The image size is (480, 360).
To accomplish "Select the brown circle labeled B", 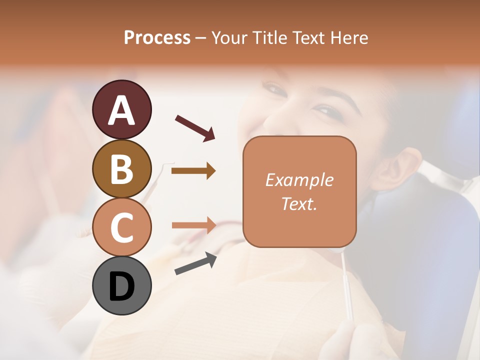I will coord(122,168).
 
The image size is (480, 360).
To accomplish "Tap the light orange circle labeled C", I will coord(122,227).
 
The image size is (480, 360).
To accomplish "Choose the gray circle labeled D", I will coord(122,285).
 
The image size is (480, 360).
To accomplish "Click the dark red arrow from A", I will coord(195,127).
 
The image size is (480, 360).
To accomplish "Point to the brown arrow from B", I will coord(193,171).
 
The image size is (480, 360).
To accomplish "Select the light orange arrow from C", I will coord(193,225).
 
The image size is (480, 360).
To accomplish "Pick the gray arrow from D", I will coord(195,263).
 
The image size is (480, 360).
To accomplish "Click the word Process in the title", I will coord(157,37).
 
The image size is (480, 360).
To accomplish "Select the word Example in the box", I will coord(299,180).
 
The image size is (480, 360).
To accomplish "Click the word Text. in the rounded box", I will coord(299,204).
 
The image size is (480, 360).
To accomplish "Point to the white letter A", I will coord(122,110).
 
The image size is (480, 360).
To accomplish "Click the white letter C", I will coord(122,228).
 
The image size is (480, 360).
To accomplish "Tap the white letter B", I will coord(122,169).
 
